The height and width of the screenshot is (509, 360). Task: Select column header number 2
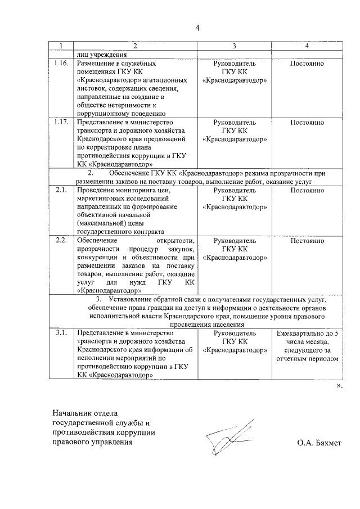[135, 46]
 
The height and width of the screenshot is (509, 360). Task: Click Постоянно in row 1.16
[307, 64]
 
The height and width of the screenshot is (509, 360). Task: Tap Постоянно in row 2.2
[307, 241]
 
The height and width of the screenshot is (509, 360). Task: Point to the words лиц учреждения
[99, 55]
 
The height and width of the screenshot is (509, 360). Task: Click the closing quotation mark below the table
[339, 387]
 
